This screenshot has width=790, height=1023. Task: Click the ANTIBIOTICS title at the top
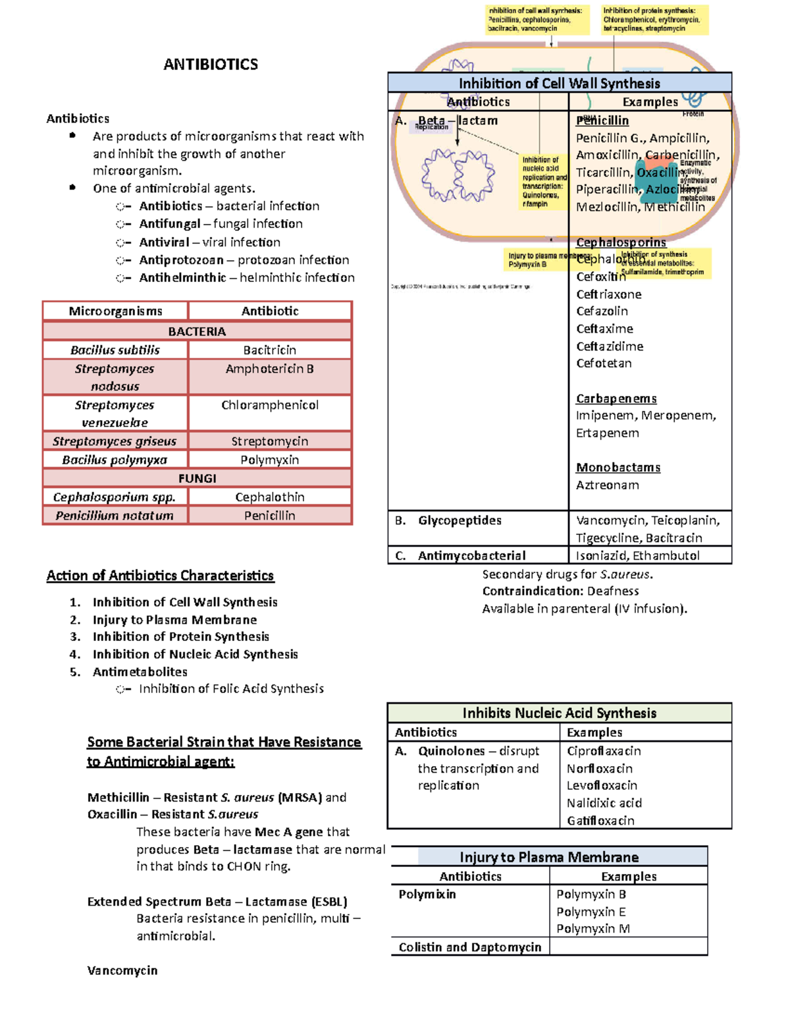pyautogui.click(x=211, y=65)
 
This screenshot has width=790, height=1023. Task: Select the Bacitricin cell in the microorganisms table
pyautogui.click(x=269, y=350)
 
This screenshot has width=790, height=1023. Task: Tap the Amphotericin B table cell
pyautogui.click(x=269, y=369)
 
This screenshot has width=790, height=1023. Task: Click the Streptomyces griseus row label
pyautogui.click(x=115, y=441)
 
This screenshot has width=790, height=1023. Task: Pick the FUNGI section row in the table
pyautogui.click(x=197, y=478)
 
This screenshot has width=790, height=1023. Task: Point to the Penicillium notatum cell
pyautogui.click(x=115, y=516)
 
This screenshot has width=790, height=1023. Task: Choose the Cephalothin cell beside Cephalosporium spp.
pyautogui.click(x=269, y=497)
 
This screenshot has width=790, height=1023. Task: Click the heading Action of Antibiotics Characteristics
pyautogui.click(x=160, y=576)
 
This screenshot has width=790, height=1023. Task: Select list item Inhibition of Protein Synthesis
pyautogui.click(x=181, y=637)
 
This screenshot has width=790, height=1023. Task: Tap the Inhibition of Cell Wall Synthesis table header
pyautogui.click(x=559, y=83)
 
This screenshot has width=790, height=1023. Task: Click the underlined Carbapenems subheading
pyautogui.click(x=616, y=399)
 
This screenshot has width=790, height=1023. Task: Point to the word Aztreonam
pyautogui.click(x=607, y=485)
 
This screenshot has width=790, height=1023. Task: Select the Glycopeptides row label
pyautogui.click(x=460, y=520)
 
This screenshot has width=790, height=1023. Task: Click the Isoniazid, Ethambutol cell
pyautogui.click(x=637, y=556)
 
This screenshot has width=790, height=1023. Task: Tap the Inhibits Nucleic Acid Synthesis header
pyautogui.click(x=559, y=713)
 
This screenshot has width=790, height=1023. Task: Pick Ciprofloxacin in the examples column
pyautogui.click(x=604, y=751)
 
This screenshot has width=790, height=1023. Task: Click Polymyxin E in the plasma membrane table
pyautogui.click(x=591, y=912)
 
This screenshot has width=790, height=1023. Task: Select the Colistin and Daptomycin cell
pyautogui.click(x=469, y=947)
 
